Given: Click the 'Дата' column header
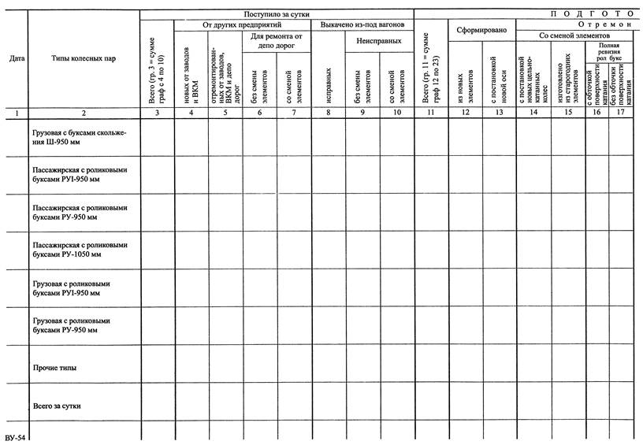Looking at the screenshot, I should pos(16,58).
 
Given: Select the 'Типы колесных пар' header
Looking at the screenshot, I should pos(84,58).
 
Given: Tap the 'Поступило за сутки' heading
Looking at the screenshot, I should pos(277,14).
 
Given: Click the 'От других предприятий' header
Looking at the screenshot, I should pos(242,25).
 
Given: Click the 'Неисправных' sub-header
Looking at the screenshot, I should pos(378,40).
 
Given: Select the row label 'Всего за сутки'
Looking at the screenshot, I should pos(58,406).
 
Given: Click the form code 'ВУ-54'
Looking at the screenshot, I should pos(16,437).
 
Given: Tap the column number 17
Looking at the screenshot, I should pos(620,113).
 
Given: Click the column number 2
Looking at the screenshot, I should pos(84,113).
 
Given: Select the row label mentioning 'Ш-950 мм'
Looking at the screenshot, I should pos(79,138).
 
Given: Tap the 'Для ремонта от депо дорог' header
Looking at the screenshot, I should pos(277,41).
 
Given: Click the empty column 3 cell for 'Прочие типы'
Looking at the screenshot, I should pos(157,368).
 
